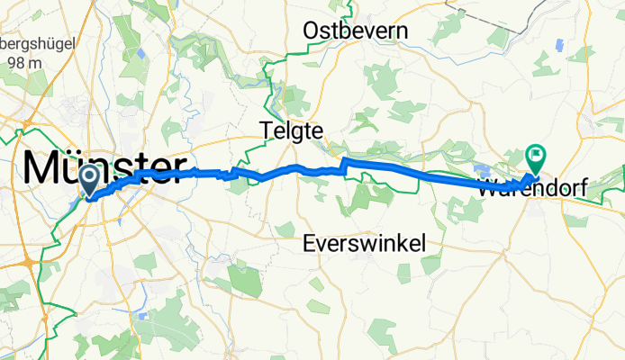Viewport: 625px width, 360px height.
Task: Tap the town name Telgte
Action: click(290, 130)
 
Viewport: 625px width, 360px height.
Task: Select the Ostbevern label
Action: click(355, 31)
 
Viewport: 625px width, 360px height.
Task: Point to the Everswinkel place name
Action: click(364, 243)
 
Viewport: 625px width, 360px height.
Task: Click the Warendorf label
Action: click(532, 190)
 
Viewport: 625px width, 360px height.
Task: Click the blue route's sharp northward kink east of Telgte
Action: click(343, 162)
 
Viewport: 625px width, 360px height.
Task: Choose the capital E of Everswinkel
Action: click(310, 243)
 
